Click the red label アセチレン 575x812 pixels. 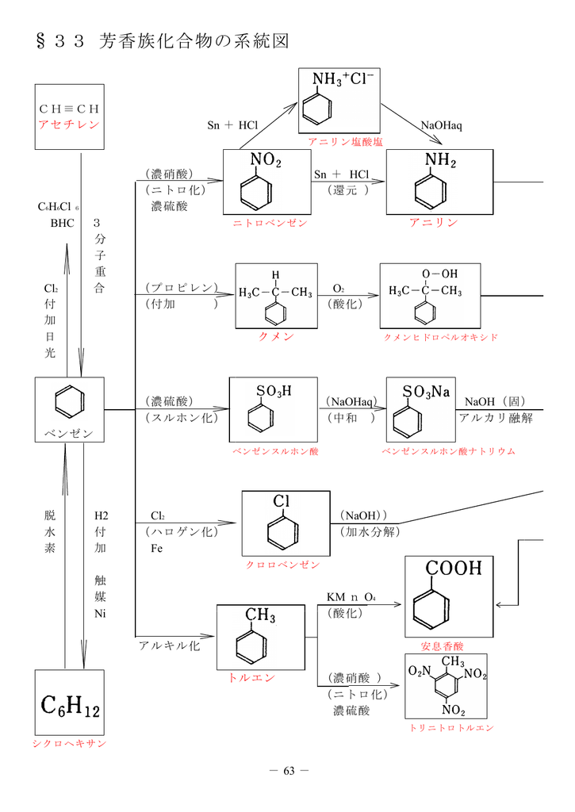click(69, 125)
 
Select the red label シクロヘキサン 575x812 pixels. click(69, 743)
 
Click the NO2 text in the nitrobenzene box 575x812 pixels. click(265, 161)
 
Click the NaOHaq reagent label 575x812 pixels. click(441, 125)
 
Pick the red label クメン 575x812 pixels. click(276, 336)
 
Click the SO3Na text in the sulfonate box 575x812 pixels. click(426, 393)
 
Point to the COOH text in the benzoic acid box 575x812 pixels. click(453, 569)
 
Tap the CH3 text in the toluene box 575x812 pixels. click(260, 615)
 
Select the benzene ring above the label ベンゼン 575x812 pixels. click(69, 403)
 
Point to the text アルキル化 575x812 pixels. click(169, 645)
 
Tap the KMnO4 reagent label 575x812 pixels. click(351, 596)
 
